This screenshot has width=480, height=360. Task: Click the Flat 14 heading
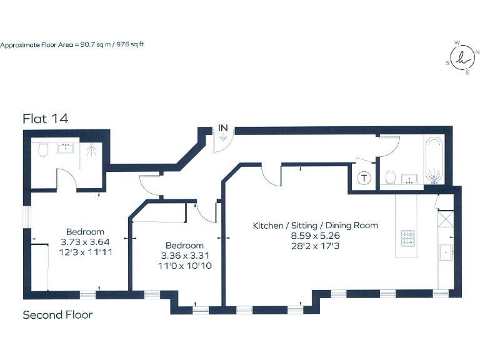coord(46,118)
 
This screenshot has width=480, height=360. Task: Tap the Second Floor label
coord(57,314)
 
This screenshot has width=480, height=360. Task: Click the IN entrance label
coord(223,128)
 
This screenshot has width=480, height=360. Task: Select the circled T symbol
coord(364,178)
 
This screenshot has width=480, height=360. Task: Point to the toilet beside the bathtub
coord(390,179)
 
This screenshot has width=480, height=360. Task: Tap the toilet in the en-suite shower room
coord(43,149)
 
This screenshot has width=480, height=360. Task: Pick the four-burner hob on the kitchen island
coord(409,237)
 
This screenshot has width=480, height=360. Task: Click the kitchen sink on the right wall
coord(446,252)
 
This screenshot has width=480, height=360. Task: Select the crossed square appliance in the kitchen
coord(446,221)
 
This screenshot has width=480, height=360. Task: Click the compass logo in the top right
coord(462,58)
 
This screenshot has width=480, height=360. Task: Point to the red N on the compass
coord(477,54)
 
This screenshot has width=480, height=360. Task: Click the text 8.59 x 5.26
coord(314,236)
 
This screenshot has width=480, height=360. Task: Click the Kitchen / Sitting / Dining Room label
coord(315,225)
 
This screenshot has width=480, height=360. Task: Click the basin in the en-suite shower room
coord(66,148)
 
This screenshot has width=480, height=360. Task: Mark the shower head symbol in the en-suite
coord(92,148)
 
